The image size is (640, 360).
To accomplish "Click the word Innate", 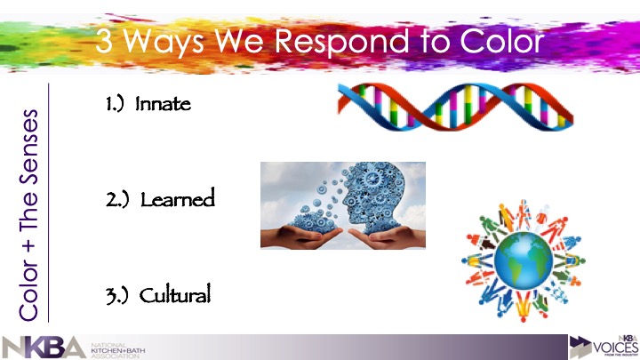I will click(163, 104).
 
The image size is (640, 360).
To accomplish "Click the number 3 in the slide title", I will click(106, 42).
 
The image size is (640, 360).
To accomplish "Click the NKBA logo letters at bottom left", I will click(44, 347).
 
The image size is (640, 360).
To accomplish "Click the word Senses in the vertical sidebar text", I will click(29, 147).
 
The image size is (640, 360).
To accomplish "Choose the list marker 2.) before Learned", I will click(116, 198).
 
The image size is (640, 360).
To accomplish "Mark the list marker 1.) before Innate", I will click(115, 104).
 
